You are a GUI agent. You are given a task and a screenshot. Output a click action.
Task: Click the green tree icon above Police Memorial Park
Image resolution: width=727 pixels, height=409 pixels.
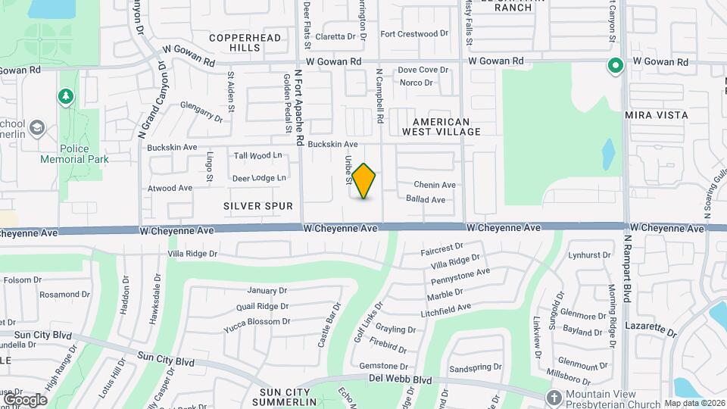click(x=66, y=96)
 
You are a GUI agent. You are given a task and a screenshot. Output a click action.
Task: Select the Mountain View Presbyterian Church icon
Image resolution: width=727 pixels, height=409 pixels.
click(x=555, y=396)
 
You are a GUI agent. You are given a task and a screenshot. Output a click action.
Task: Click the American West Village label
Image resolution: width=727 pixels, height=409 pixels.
click(x=447, y=126)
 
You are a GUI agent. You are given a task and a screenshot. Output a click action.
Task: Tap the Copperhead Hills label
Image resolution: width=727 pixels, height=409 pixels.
click(x=245, y=42)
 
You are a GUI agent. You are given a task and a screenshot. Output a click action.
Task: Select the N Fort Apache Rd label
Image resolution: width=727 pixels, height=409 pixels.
click(x=298, y=101)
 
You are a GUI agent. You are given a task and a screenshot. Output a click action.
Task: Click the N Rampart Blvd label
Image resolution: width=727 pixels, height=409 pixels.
click(x=627, y=269)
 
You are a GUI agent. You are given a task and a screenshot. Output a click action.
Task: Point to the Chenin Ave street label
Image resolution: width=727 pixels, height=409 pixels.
click(x=435, y=185)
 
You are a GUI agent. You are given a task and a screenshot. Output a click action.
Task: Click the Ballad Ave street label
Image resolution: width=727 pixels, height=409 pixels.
click(x=426, y=200)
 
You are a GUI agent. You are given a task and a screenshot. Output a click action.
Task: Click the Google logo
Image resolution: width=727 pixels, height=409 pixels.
click(x=24, y=399)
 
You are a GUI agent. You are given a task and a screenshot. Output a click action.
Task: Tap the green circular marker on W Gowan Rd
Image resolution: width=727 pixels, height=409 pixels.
click(x=616, y=66)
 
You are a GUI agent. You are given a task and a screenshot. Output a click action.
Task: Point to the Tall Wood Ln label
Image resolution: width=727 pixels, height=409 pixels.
click(x=257, y=156)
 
